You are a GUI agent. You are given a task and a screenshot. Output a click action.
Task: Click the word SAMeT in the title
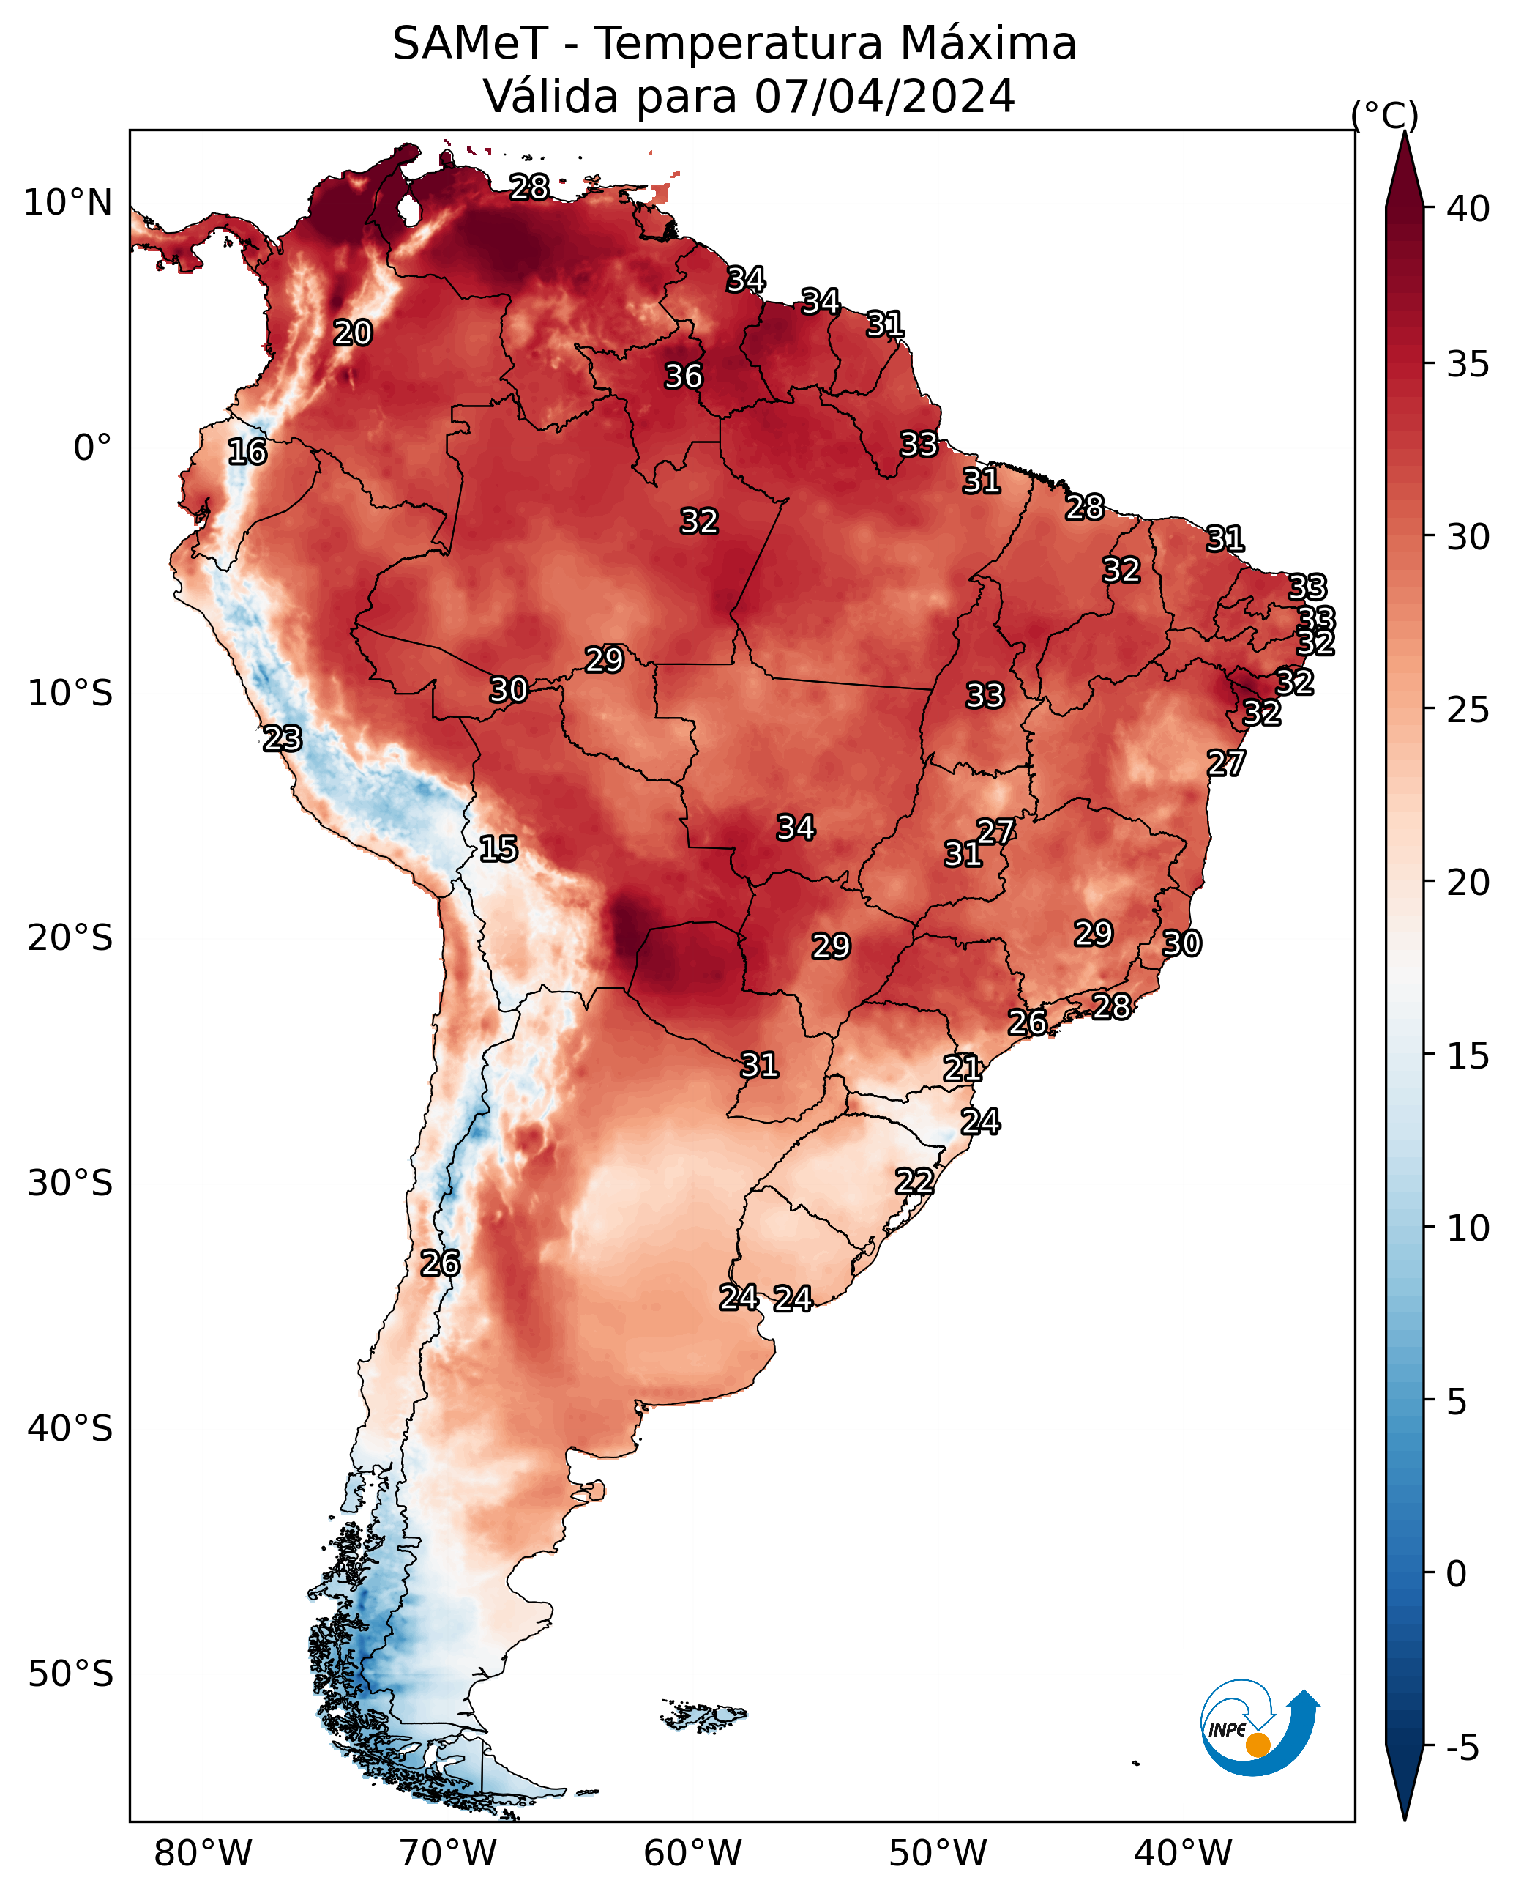point(470,44)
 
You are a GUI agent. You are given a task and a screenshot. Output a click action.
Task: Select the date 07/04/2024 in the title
point(884,97)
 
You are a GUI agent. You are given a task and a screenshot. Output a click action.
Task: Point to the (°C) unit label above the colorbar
point(1384,116)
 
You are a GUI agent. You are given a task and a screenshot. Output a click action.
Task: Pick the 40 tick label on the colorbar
point(1468,209)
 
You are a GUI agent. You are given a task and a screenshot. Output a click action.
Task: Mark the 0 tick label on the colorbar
point(1456,1575)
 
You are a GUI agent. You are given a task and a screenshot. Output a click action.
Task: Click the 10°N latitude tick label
point(67,203)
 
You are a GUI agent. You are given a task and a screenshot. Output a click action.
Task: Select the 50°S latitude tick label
point(70,1674)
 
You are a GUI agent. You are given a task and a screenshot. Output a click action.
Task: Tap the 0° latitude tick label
point(92,448)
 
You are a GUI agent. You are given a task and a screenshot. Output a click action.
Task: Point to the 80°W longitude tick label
point(203,1854)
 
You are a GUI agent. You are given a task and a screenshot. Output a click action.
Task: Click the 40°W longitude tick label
point(1183,1854)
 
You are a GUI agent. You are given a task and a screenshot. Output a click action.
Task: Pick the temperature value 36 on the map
point(683,376)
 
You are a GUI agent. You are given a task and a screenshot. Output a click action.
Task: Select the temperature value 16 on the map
point(247,452)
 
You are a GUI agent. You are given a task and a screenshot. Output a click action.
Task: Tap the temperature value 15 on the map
point(498,849)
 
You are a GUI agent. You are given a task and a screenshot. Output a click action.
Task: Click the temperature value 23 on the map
point(282,739)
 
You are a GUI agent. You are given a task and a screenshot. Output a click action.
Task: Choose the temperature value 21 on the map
point(963,1069)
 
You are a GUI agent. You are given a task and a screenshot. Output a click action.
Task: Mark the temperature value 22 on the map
point(914,1181)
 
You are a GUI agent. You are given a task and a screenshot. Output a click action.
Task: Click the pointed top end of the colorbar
point(1404,133)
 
